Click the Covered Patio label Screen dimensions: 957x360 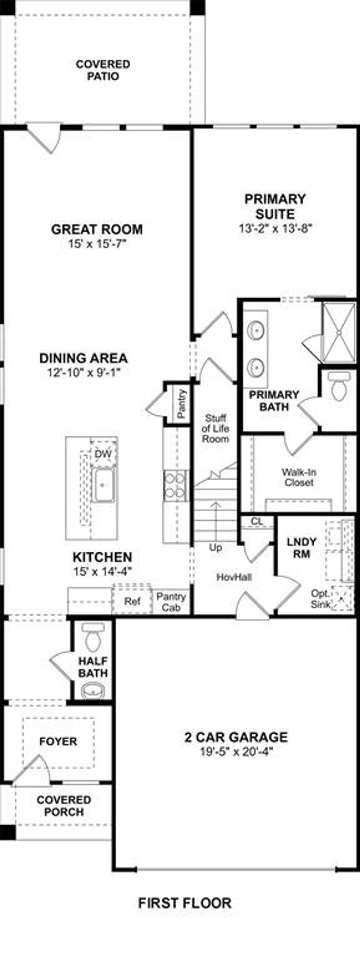103,70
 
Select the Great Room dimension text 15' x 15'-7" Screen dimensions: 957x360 97,244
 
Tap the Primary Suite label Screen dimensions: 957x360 275,206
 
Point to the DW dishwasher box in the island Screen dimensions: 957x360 103,454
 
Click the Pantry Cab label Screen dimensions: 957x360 171,602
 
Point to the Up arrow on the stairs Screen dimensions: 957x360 215,520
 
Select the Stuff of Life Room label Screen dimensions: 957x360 215,428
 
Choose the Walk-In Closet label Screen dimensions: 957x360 299,477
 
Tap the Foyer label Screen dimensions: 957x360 58,742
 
